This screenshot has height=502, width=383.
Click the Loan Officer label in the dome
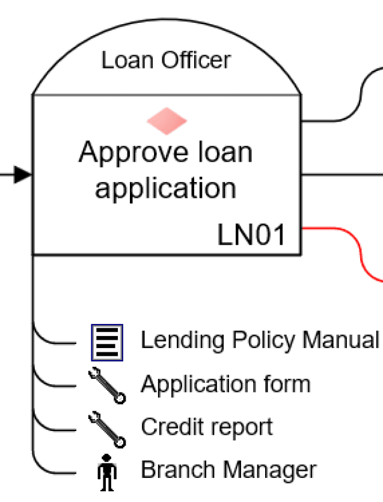click(165, 60)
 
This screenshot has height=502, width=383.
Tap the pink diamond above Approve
click(167, 121)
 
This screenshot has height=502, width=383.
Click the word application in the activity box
click(165, 188)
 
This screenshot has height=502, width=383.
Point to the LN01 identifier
click(251, 236)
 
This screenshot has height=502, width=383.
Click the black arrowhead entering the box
click(22, 175)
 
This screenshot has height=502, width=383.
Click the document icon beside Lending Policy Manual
click(107, 342)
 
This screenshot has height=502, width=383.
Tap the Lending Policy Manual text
click(259, 340)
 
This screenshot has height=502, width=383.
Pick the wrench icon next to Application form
click(107, 386)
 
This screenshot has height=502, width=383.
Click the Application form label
click(225, 384)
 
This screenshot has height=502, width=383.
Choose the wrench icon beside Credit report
click(107, 429)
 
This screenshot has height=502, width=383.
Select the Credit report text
click(206, 427)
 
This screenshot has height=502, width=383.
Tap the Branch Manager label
click(228, 470)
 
